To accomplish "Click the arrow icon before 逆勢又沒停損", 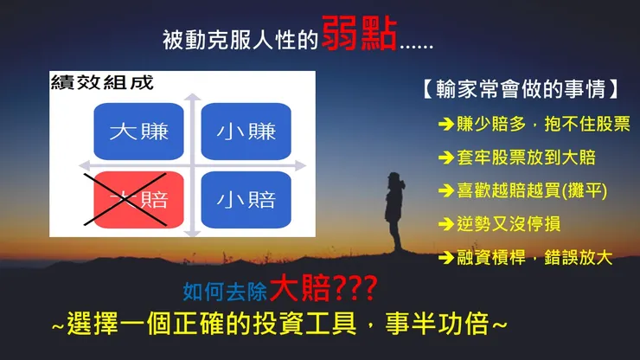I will tap(446, 223).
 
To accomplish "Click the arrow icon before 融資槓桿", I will tap(446, 256).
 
